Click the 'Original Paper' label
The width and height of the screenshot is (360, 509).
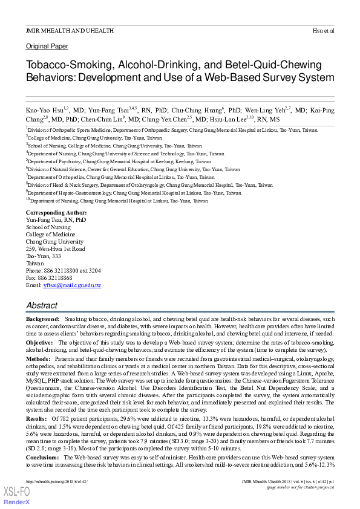pyautogui.click(x=47, y=46)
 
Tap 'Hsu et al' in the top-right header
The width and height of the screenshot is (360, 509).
pyautogui.click(x=323, y=30)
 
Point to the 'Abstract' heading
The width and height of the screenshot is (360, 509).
pyautogui.click(x=42, y=305)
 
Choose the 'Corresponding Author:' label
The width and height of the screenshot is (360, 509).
pyautogui.click(x=56, y=213)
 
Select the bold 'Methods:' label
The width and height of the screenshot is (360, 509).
pyautogui.click(x=39, y=359)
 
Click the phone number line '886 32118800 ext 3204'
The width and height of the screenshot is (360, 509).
pyautogui.click(x=73, y=271)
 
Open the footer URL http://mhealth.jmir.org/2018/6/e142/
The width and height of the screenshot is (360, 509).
pyautogui.click(x=57, y=481)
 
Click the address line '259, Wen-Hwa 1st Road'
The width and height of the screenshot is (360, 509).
pyautogui.click(x=55, y=249)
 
